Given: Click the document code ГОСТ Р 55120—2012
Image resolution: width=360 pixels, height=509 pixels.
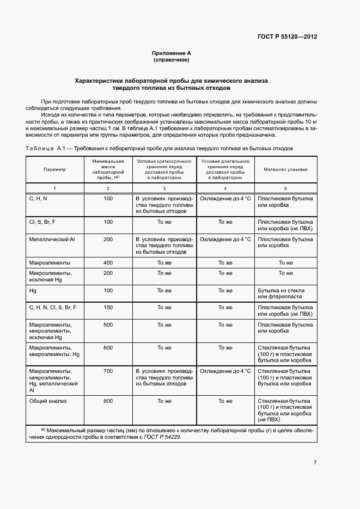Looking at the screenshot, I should click(286, 36).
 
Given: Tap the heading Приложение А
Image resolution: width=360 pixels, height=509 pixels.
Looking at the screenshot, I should click(172, 53).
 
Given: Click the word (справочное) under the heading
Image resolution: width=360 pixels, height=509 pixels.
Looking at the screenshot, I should click(172, 59).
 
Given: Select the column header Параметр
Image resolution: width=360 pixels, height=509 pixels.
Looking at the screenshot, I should click(54, 169).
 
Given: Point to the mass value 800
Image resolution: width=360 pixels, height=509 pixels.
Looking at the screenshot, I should click(108, 401).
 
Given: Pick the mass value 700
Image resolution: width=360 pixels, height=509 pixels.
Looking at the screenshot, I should click(108, 371).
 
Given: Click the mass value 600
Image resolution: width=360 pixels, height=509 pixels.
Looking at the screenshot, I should click(108, 347).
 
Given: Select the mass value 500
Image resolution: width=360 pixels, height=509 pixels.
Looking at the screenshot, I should click(108, 324).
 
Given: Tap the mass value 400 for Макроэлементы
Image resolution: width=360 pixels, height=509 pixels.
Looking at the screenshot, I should click(108, 262).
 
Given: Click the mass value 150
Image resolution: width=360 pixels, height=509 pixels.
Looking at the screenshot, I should click(108, 307).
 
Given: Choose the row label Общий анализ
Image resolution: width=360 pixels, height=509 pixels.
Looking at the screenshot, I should click(47, 401).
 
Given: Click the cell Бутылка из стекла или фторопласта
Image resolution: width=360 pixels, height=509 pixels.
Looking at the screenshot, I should click(281, 293).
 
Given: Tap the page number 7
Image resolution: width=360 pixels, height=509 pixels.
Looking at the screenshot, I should click(315, 463).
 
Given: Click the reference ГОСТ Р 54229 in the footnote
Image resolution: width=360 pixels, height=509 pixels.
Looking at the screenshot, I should click(162, 437).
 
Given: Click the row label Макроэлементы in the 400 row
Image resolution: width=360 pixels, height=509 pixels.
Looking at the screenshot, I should click(50, 262).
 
